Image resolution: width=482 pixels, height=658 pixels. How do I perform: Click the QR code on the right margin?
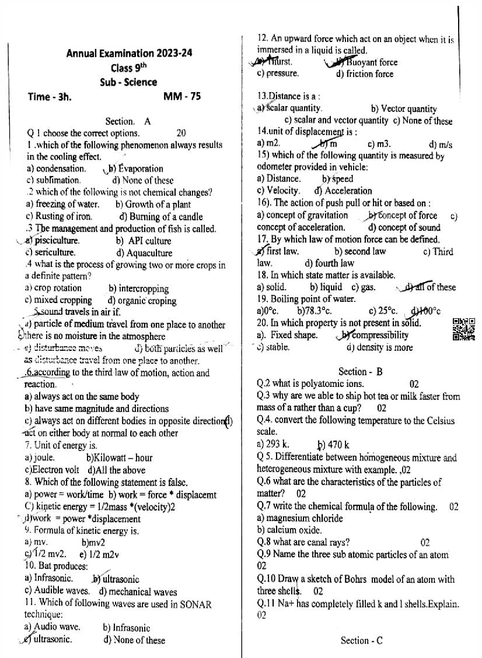[x=464, y=330]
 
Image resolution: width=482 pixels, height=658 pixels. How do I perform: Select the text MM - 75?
[x=182, y=97]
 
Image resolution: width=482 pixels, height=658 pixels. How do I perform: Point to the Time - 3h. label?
[x=50, y=97]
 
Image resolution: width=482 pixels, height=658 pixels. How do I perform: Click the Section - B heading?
[x=361, y=371]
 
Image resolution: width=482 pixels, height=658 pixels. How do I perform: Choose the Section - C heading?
[x=362, y=641]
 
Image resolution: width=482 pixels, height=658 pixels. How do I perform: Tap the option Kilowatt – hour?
[x=119, y=458]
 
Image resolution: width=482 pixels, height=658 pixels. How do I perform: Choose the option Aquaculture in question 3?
[x=144, y=253]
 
